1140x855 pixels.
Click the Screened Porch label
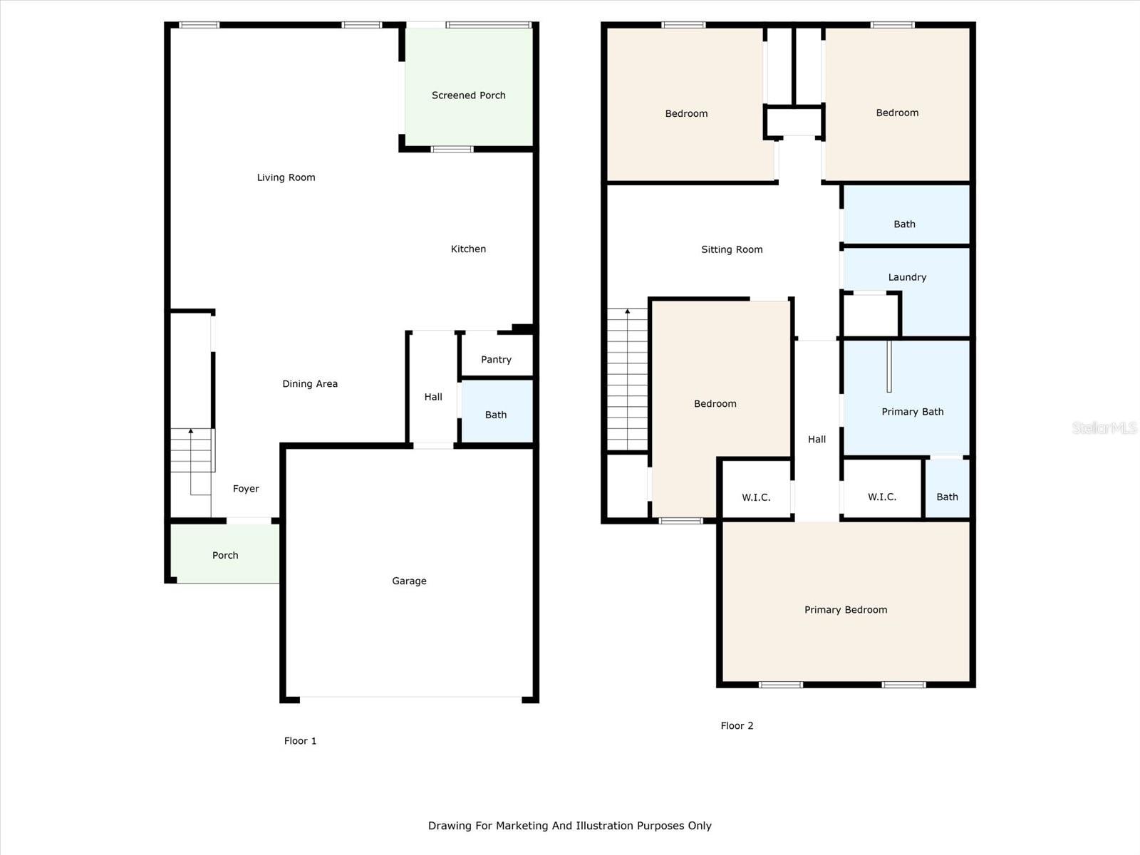468,95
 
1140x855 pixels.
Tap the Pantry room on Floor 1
496,360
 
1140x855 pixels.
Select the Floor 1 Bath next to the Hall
496,415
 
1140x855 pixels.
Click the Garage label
409,581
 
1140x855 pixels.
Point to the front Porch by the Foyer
225,555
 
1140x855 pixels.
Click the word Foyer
246,489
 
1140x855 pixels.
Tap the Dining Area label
310,384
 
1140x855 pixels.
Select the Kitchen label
468,249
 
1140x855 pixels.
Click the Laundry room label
907,277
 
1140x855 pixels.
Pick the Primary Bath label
912,412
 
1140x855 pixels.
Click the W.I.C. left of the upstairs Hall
756,497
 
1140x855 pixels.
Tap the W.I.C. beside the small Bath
881,497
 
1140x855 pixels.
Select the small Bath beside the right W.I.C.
947,497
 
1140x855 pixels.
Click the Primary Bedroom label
846,610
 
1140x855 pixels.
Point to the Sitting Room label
732,250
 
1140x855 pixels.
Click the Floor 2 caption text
737,726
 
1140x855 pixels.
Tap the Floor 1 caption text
300,741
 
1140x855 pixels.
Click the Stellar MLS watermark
1104,427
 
